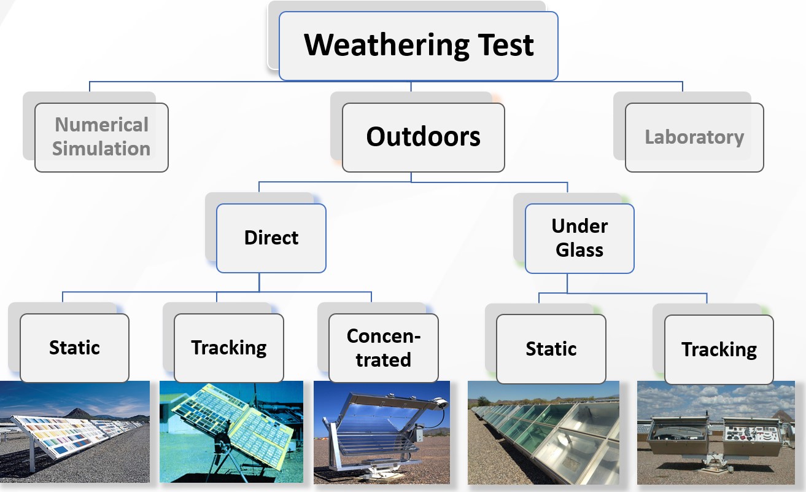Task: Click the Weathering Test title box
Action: point(419,45)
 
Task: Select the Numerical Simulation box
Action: point(101,138)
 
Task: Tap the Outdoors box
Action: point(423,138)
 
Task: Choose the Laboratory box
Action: point(694,138)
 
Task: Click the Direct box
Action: point(271,238)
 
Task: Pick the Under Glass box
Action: point(579,238)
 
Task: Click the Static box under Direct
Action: point(74,348)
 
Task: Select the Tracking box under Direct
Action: point(229,348)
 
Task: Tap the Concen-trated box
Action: point(384,348)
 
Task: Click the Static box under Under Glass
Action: point(551,349)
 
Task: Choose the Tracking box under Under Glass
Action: point(719,349)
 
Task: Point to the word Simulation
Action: point(101,149)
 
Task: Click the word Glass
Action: point(579,250)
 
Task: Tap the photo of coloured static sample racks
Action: point(75,432)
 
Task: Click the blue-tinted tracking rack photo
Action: point(231,432)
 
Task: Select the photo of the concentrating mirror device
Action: point(382,432)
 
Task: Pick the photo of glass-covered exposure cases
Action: point(543,432)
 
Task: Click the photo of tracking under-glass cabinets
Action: point(716,432)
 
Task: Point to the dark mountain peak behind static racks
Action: point(76,413)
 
